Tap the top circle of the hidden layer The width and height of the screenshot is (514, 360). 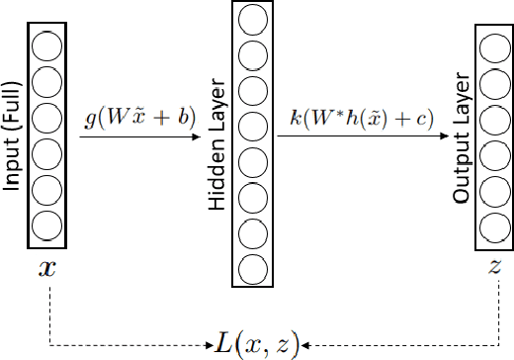tap(253, 19)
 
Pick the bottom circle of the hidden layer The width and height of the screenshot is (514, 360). tap(253, 268)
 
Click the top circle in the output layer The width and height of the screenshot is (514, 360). tap(492, 46)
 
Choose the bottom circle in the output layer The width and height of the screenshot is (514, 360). tap(492, 225)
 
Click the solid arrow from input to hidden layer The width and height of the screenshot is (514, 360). tap(138, 135)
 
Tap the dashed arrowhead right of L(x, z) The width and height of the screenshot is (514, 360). tap(308, 345)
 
